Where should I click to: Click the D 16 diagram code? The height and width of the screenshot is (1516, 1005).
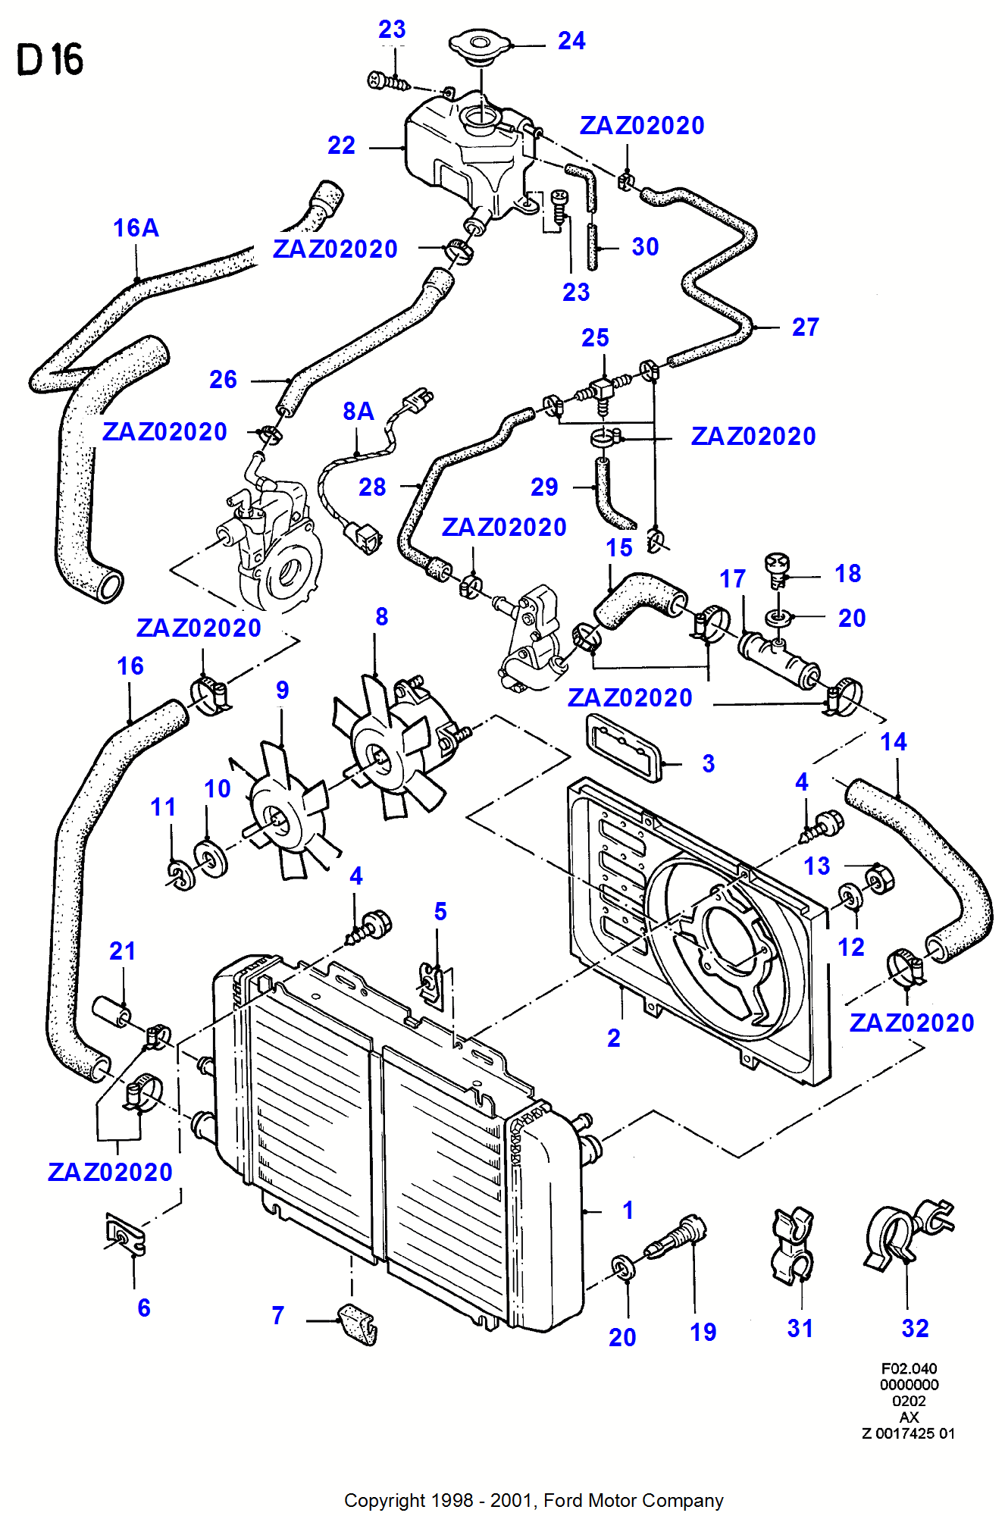50,60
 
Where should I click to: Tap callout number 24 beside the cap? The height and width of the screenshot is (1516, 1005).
571,41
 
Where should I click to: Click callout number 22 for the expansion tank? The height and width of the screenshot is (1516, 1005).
341,146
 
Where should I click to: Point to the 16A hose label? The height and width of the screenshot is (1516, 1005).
136,228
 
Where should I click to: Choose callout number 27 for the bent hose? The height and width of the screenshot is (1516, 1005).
805,327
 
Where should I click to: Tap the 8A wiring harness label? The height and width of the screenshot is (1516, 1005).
358,412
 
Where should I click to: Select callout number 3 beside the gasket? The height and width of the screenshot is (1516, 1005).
708,763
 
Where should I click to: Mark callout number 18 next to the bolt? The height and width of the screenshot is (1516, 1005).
847,574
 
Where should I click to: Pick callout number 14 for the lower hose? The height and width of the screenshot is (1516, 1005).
894,742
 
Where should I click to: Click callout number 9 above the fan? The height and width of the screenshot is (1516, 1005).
282,691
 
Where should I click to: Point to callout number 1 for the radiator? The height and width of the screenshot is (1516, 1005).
628,1210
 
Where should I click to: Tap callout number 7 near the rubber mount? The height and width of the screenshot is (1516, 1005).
278,1315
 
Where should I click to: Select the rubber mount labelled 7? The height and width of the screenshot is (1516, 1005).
358,1323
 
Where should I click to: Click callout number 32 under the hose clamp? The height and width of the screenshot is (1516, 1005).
915,1328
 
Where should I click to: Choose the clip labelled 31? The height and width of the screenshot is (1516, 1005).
792,1246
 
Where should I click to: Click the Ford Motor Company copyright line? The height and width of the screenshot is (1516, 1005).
534,1500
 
